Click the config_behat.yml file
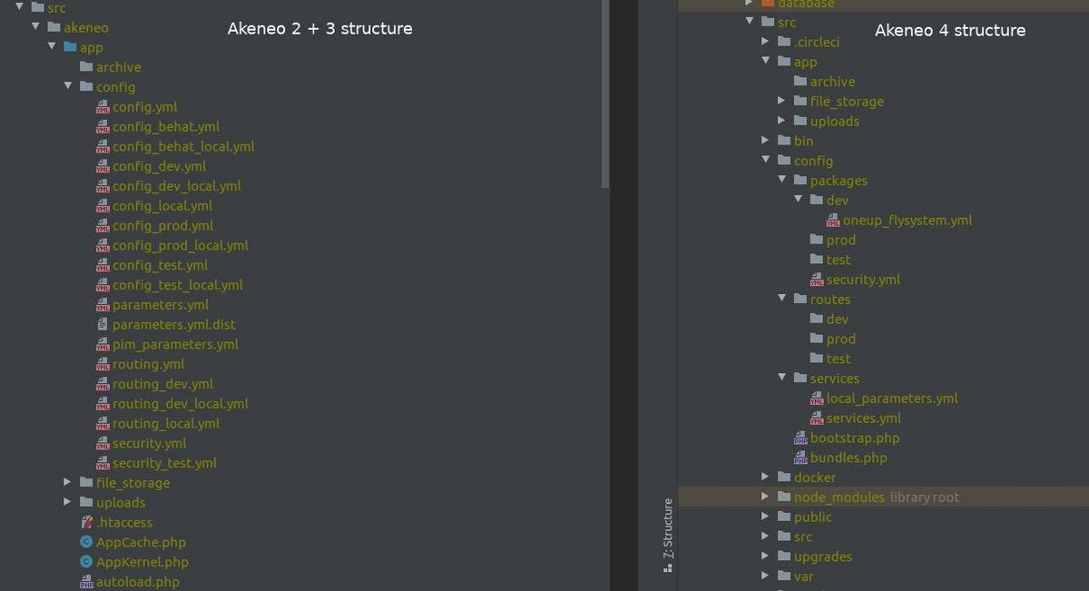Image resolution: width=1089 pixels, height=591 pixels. (x=166, y=127)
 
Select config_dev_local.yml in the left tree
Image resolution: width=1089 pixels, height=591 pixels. (x=176, y=186)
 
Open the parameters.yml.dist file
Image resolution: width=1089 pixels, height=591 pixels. (x=173, y=324)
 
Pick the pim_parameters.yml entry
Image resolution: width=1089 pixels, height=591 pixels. (x=175, y=344)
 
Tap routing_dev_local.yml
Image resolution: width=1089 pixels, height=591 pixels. (x=180, y=404)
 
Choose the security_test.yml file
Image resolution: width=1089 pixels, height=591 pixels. (x=164, y=463)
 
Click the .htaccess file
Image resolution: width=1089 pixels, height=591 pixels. (x=124, y=522)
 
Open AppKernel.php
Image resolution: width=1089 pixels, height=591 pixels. (x=142, y=562)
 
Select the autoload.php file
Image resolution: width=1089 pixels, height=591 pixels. (x=138, y=582)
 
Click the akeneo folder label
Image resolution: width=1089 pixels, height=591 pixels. (x=86, y=28)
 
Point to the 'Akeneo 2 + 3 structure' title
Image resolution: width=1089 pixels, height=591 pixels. (x=319, y=29)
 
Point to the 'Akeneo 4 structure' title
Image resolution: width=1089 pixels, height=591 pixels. (x=950, y=31)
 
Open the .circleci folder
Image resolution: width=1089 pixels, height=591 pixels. (x=816, y=43)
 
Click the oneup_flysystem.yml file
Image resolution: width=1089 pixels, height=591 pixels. (x=907, y=221)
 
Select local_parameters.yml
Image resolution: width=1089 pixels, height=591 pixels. (x=891, y=399)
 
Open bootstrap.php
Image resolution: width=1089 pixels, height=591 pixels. (x=855, y=438)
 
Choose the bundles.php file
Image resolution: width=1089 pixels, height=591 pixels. (x=849, y=458)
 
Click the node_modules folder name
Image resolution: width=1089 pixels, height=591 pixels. (x=839, y=497)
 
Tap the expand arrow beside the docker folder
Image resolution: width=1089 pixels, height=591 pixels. (x=765, y=477)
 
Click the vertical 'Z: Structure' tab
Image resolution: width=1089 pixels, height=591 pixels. (x=668, y=535)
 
